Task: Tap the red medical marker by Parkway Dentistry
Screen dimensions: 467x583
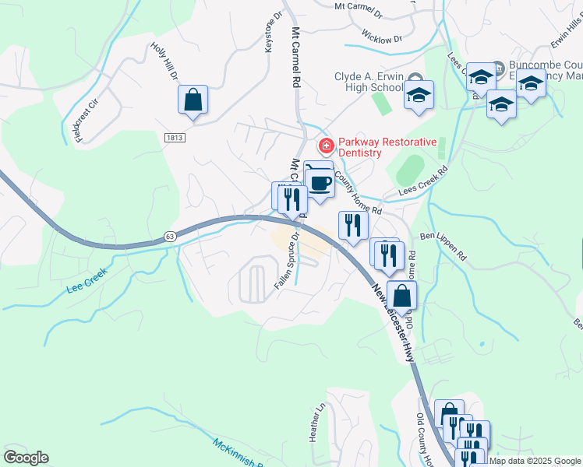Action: [x=324, y=146]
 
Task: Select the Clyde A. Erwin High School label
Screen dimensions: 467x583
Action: [x=369, y=82]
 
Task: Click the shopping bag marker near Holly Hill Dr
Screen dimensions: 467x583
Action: [x=193, y=101]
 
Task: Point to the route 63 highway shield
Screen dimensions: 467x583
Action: [x=169, y=236]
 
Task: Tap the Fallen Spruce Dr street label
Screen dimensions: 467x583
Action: [x=288, y=262]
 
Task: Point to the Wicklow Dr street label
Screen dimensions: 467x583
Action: [x=382, y=36]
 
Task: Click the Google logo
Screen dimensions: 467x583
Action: [x=26, y=458]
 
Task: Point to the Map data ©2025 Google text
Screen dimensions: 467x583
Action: [x=535, y=461]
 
